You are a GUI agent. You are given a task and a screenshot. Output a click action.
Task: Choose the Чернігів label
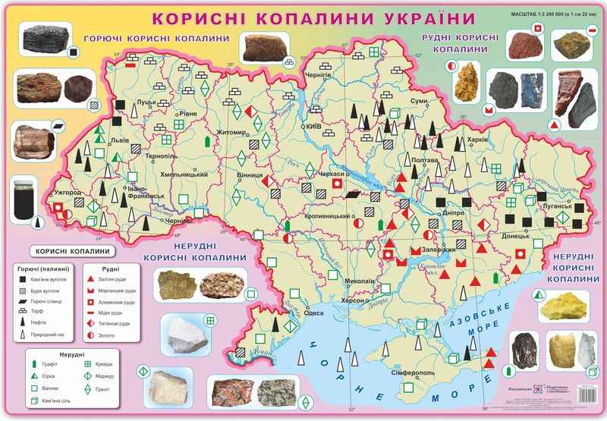pyautogui.click(x=318, y=76)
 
